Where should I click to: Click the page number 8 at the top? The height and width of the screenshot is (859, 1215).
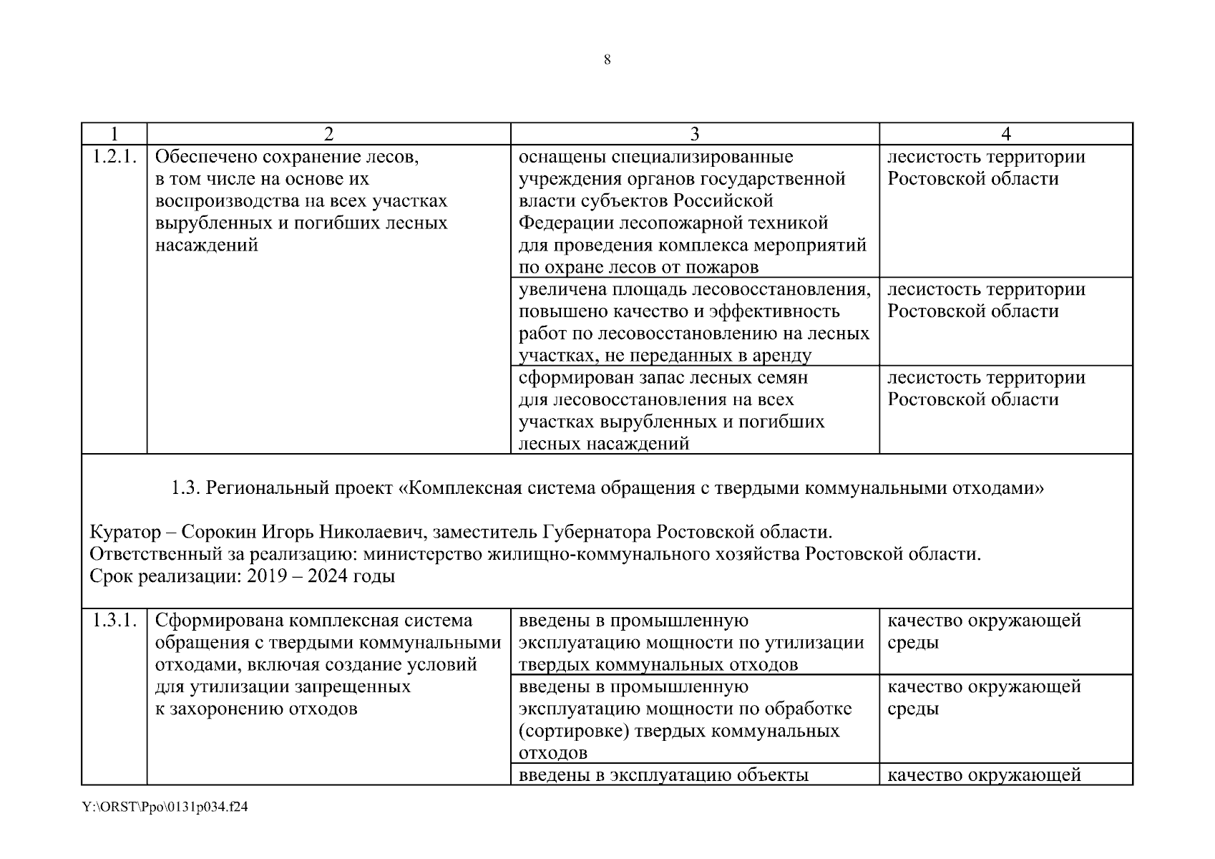pyautogui.click(x=607, y=60)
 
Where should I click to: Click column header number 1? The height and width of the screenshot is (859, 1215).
pyautogui.click(x=114, y=134)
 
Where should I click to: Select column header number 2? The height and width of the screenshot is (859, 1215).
pyautogui.click(x=328, y=134)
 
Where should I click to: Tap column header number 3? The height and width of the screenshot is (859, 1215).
pyautogui.click(x=694, y=134)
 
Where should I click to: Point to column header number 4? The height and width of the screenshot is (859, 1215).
pyautogui.click(x=1005, y=134)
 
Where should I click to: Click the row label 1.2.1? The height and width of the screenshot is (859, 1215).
pyautogui.click(x=114, y=157)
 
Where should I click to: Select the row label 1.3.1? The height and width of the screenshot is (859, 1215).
pyautogui.click(x=114, y=621)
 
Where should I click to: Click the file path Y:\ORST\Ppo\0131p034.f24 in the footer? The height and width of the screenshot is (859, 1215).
pyautogui.click(x=165, y=807)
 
